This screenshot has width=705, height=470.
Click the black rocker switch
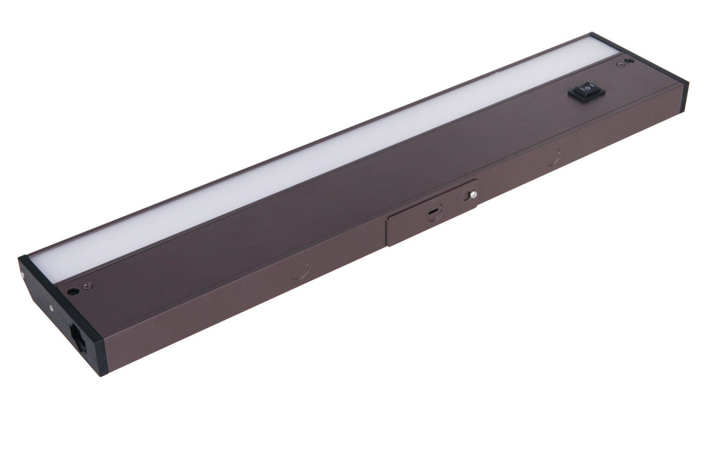click(586, 92)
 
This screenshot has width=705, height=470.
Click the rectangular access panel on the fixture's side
click(430, 213)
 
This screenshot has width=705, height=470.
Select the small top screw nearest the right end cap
click(616, 65)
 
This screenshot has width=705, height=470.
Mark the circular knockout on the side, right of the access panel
click(552, 157)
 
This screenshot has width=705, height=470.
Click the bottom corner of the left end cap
click(102, 373)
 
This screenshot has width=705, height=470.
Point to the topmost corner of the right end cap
click(591, 34)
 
